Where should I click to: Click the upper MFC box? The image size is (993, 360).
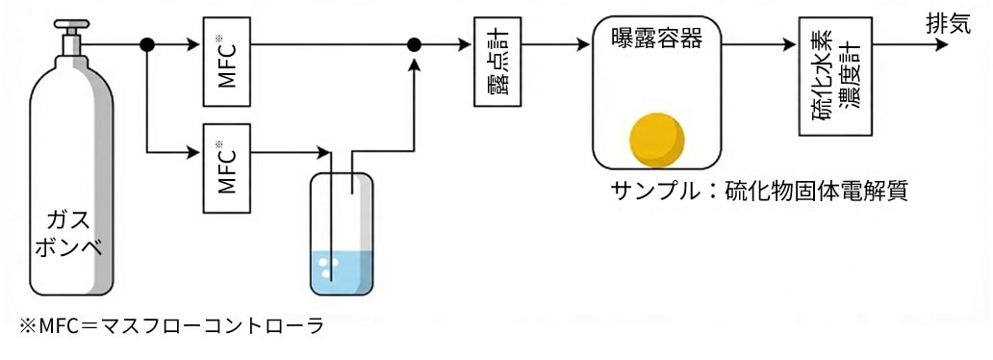227,61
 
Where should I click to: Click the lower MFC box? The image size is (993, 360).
227,167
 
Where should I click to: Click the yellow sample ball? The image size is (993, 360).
657,140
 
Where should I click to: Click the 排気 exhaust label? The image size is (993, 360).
948,24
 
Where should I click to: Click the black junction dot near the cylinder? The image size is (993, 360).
147,44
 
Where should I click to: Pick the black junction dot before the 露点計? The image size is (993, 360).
415,44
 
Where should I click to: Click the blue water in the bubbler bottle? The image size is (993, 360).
342,271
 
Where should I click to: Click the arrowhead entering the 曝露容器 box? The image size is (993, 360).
582,44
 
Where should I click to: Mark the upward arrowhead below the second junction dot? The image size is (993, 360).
415,64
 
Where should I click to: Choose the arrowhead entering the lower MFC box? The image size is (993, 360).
193,151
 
